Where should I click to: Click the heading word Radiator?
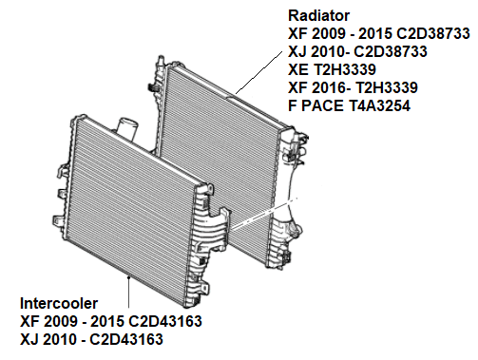[318, 16]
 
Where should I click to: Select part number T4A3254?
[378, 105]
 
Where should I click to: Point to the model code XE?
[297, 69]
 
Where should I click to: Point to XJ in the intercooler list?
[29, 339]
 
